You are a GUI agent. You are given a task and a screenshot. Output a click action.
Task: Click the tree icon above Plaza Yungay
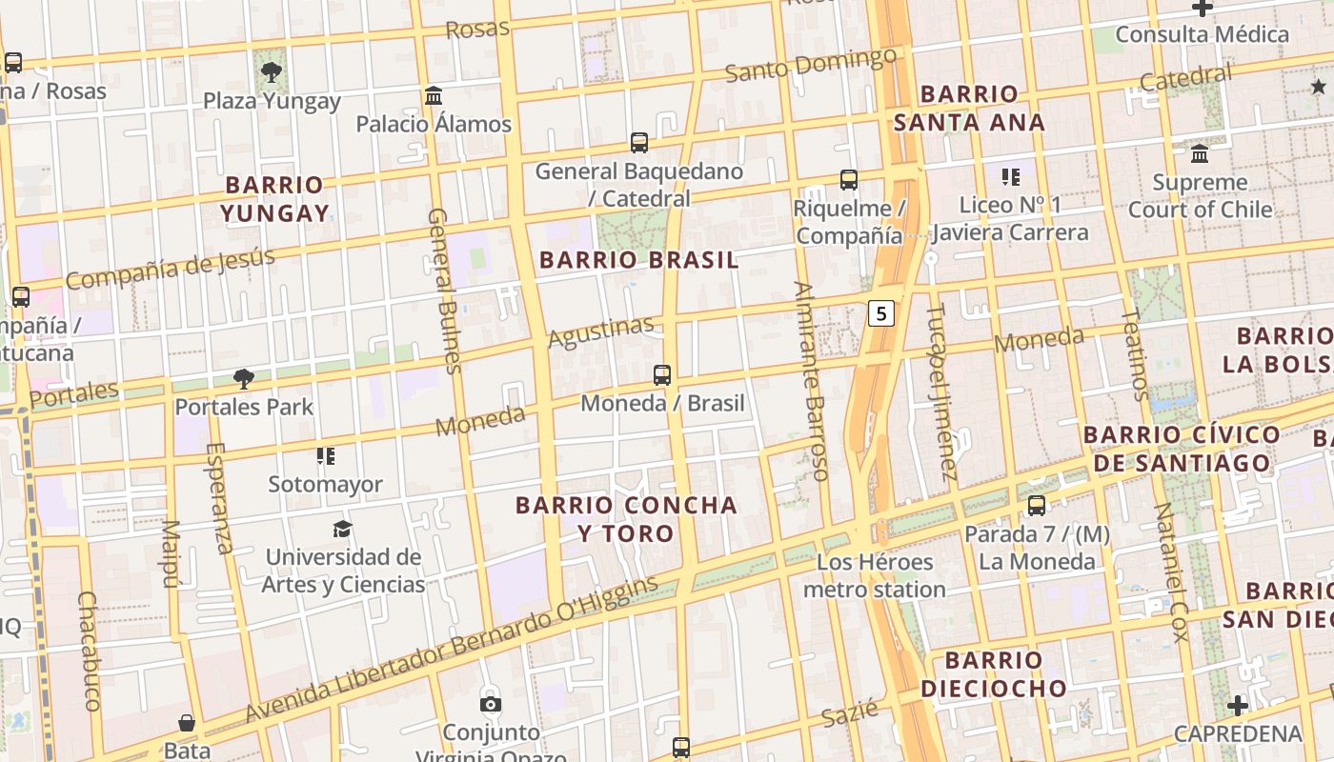tap(272, 70)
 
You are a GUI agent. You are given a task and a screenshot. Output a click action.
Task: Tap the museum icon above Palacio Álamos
tap(435, 95)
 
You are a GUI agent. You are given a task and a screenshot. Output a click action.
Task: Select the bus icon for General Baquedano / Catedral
tap(639, 143)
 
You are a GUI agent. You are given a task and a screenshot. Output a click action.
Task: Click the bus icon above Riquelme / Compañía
tap(848, 179)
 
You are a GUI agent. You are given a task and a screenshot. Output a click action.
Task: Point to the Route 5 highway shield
tap(882, 312)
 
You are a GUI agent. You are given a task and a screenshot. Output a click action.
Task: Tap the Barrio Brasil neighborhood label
tap(638, 260)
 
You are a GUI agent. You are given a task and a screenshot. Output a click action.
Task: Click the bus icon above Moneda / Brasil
tap(662, 375)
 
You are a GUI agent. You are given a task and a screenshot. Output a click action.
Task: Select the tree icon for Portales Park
tap(244, 379)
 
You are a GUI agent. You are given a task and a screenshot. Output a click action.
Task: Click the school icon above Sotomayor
tap(326, 456)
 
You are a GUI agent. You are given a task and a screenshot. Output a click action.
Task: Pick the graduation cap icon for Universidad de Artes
tap(342, 529)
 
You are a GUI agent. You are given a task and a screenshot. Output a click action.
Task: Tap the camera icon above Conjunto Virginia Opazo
tap(491, 705)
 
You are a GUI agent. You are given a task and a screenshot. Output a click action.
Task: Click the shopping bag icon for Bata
tap(188, 724)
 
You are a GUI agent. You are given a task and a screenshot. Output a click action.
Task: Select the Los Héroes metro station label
tap(875, 575)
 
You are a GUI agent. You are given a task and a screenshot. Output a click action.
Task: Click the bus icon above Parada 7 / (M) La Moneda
tap(1037, 506)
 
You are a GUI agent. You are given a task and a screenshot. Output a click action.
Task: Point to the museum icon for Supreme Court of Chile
tap(1200, 153)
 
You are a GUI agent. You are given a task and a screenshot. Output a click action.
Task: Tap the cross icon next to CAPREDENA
tap(1237, 706)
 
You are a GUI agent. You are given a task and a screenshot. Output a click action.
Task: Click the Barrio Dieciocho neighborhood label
tap(994, 673)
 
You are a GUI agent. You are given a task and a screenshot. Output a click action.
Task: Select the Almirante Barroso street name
tap(812, 381)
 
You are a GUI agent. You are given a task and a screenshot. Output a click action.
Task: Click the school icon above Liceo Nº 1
tap(1011, 176)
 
